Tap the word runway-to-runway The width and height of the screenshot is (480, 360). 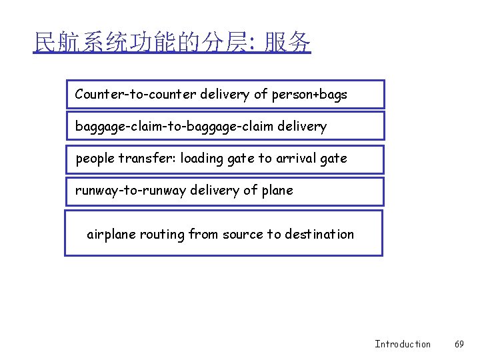tap(131, 191)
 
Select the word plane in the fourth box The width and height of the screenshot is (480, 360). tap(277, 191)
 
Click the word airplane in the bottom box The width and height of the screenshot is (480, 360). tap(111, 234)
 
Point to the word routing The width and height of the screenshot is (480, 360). tap(163, 234)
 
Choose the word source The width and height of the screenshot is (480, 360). tap(243, 234)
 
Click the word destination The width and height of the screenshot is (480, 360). tap(319, 234)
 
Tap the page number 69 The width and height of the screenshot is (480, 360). tap(459, 344)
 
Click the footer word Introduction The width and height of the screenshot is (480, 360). tap(403, 344)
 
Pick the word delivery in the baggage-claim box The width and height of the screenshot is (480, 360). tap(303, 126)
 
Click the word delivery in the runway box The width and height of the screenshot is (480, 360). tap(215, 191)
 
